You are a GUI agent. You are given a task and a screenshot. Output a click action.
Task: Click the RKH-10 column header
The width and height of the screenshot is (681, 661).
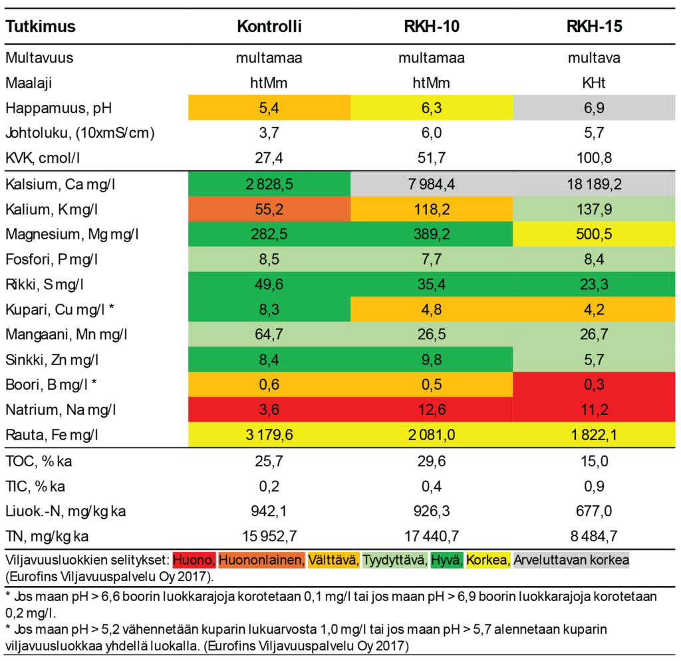click(432, 27)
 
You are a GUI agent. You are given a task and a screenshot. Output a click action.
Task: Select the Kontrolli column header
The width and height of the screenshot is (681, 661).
click(269, 27)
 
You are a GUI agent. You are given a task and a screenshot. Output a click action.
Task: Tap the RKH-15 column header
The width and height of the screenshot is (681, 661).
click(594, 27)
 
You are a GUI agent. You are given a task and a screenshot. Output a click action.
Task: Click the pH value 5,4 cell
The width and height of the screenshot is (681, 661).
click(269, 107)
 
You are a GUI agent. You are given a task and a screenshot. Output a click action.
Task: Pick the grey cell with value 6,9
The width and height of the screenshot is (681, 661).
click(594, 107)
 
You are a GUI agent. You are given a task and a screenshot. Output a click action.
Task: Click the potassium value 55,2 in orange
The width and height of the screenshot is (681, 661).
click(269, 209)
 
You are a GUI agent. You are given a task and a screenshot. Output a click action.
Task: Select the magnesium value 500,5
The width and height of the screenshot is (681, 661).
click(594, 235)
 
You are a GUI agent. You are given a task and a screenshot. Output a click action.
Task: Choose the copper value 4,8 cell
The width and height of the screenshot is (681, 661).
click(432, 311)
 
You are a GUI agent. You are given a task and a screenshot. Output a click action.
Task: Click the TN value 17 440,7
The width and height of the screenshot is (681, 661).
click(432, 537)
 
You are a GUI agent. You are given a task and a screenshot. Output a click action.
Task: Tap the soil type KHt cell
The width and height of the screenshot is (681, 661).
click(594, 82)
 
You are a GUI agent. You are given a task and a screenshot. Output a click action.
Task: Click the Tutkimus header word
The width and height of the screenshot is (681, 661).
click(41, 27)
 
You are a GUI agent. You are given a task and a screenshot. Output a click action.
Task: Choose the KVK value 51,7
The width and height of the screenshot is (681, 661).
click(432, 158)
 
